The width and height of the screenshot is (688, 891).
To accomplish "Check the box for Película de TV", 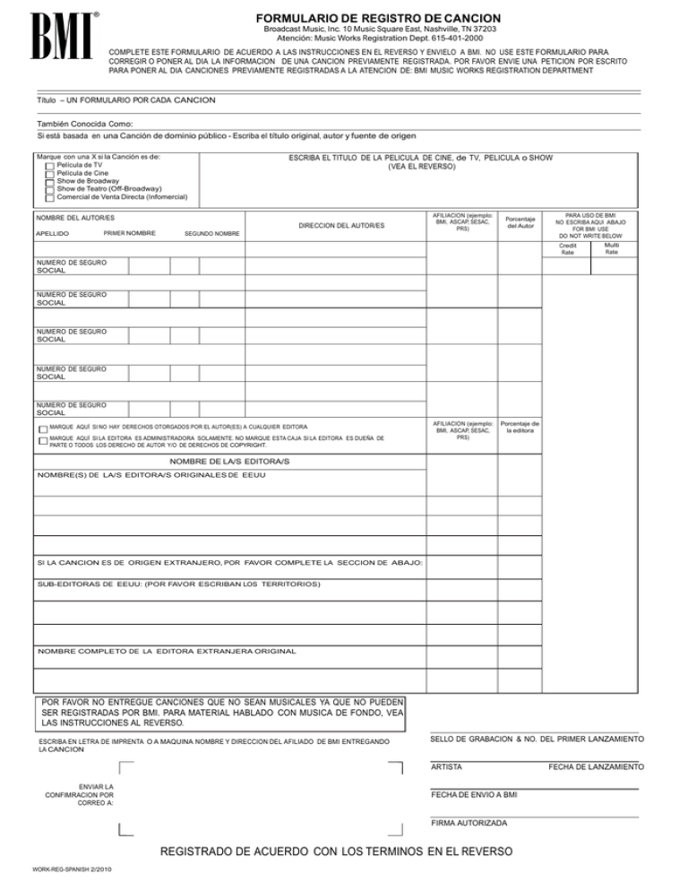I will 50,166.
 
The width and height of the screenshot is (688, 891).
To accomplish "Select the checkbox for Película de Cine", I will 50,174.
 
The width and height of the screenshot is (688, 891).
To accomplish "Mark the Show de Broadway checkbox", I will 50,182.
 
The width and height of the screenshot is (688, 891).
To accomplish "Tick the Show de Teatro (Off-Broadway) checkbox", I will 50,190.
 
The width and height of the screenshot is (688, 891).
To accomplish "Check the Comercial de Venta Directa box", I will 50,198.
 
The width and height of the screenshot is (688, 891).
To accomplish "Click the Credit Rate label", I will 567,248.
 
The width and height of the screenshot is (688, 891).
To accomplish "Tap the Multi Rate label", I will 611,248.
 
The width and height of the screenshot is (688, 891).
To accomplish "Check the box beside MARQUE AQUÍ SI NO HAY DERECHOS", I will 42,428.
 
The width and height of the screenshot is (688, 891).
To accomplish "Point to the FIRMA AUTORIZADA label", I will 469,822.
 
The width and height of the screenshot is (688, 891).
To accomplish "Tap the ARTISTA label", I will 446,767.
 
